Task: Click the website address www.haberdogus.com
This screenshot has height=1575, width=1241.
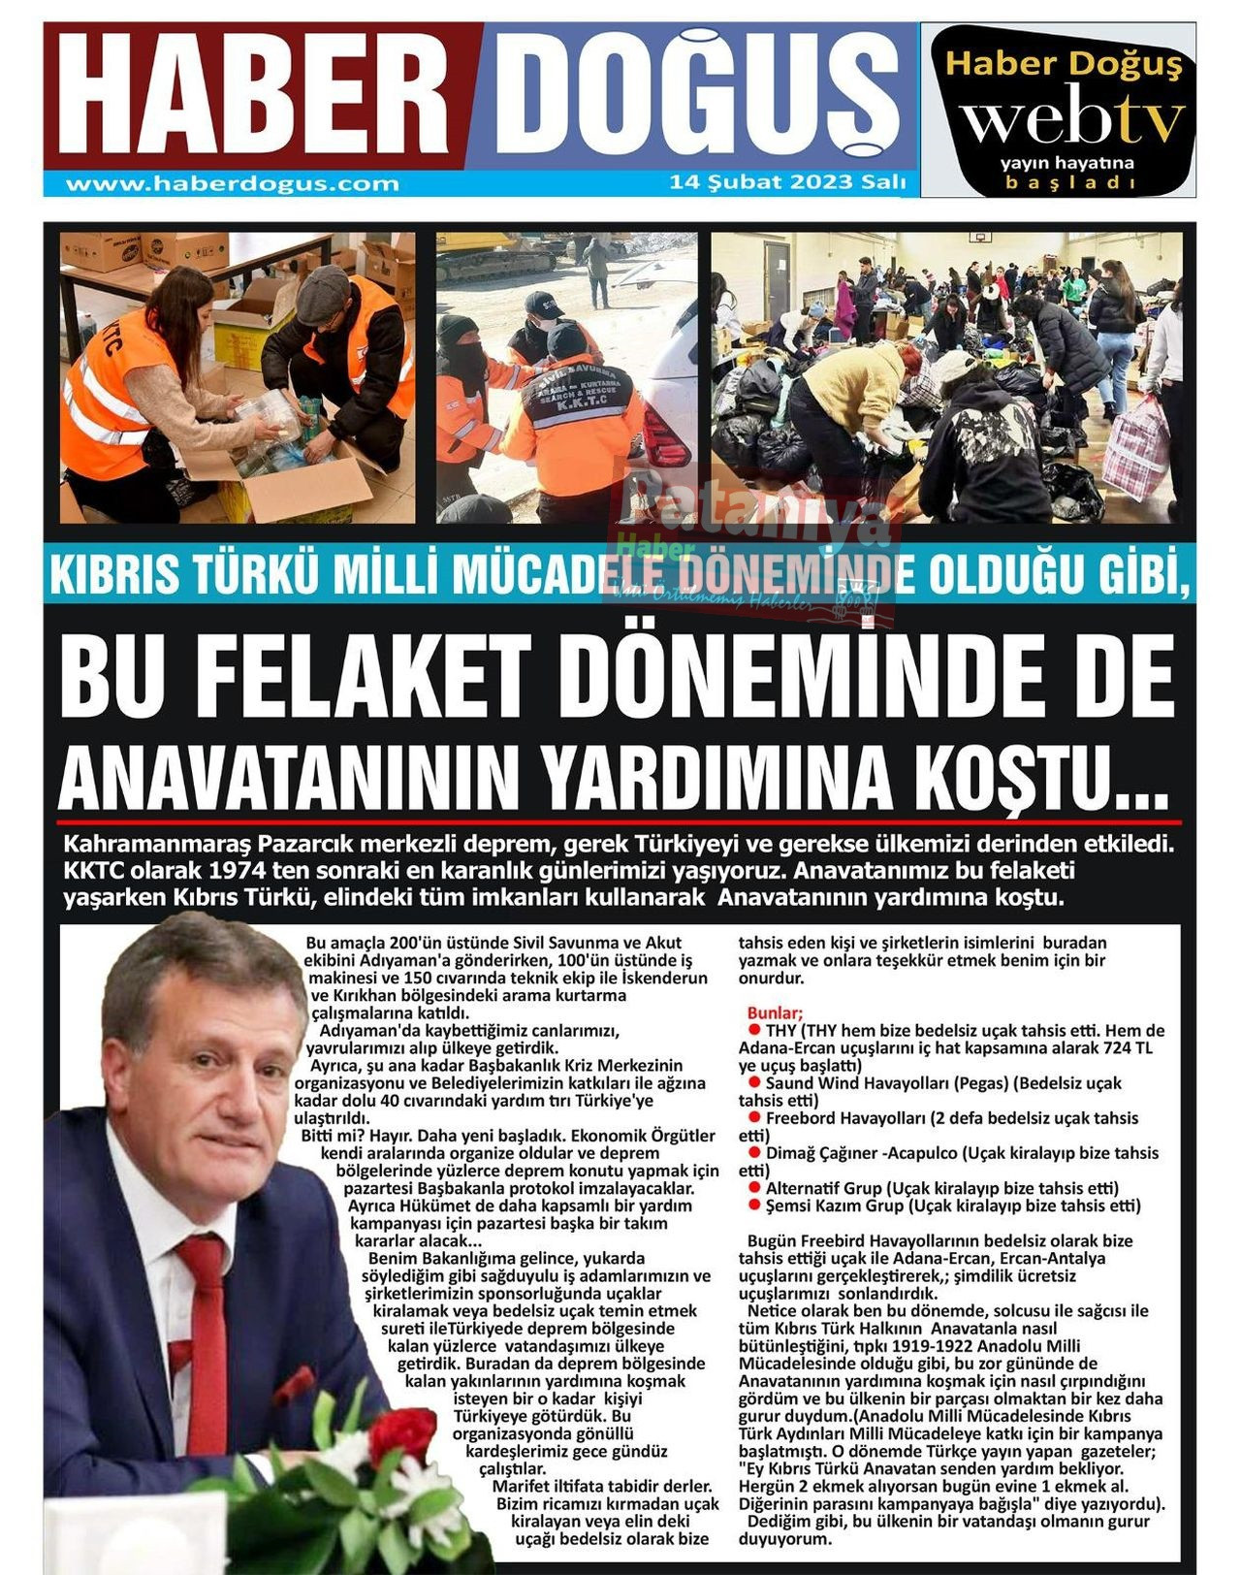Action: (233, 183)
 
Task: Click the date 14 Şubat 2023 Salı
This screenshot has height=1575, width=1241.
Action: (787, 182)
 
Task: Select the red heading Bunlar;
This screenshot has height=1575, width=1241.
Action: (775, 1012)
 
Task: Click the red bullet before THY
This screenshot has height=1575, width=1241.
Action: (753, 1029)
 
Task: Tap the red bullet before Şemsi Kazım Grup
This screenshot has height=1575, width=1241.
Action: (753, 1205)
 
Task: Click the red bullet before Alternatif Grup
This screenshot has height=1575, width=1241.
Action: (753, 1187)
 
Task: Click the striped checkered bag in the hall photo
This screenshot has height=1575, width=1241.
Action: (1136, 449)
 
